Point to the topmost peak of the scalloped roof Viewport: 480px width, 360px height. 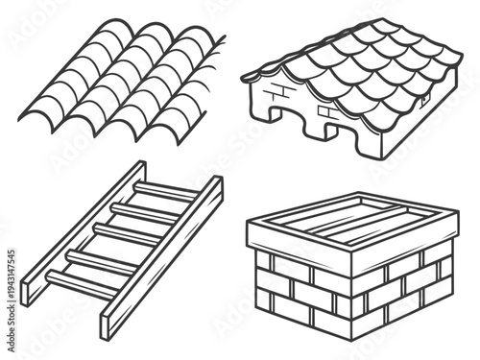click(379, 24)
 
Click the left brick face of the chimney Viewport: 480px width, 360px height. click(298, 293)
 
